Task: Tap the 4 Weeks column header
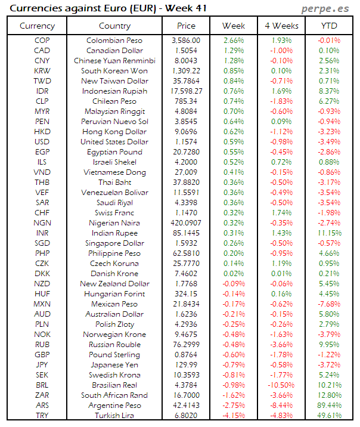(281, 26)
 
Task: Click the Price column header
(186, 26)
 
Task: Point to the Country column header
(114, 26)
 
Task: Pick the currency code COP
(42, 41)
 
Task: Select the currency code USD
(42, 142)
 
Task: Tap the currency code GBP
(42, 354)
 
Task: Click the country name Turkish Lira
(114, 415)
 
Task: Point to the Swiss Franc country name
(114, 213)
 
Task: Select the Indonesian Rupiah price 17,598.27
(186, 91)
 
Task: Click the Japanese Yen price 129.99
(186, 364)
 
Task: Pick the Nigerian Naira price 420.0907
(186, 223)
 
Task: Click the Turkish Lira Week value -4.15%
(234, 415)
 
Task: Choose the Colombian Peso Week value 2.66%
(234, 41)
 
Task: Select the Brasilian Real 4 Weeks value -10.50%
(281, 385)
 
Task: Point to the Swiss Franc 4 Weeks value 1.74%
(281, 213)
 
